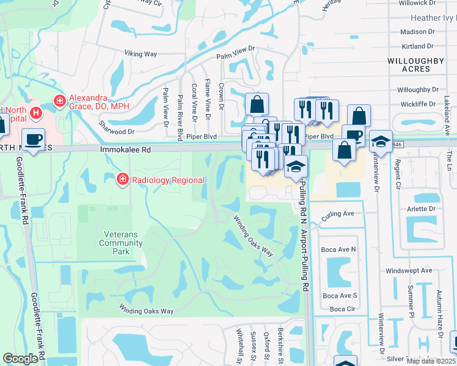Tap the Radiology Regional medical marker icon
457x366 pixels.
click(122, 179)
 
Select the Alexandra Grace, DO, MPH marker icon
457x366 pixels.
click(60, 101)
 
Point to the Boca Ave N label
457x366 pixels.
click(339, 249)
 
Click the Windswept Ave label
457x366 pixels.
click(409, 270)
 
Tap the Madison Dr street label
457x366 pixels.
click(417, 32)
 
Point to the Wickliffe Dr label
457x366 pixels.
click(418, 104)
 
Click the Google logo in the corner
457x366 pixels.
click(21, 359)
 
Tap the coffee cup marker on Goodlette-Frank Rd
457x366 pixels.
click(33, 140)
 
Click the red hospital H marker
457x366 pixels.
click(37, 113)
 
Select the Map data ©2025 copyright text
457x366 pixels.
click(431, 361)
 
